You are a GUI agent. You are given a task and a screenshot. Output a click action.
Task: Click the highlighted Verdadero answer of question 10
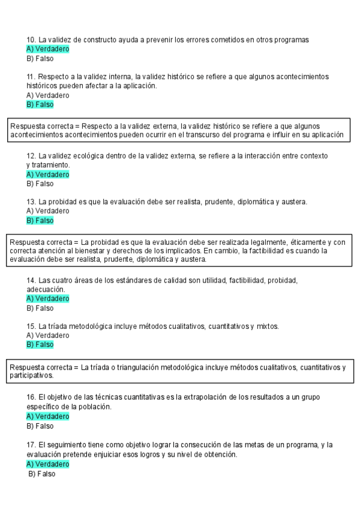[x=48, y=49]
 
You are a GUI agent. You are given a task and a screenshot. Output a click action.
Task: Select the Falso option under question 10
[x=40, y=59]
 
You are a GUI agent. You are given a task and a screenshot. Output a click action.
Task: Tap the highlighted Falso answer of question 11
[x=40, y=104]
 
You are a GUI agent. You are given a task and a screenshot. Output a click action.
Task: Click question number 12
[x=31, y=155]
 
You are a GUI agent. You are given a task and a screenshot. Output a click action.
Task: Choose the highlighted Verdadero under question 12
[x=48, y=175]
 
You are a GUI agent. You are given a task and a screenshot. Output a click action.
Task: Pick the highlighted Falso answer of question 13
[x=40, y=220]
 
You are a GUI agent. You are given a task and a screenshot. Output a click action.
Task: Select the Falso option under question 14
[x=40, y=308]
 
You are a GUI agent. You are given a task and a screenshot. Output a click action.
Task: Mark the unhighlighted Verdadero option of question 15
[x=48, y=336]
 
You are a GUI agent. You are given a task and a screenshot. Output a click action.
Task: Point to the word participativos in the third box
[x=31, y=376]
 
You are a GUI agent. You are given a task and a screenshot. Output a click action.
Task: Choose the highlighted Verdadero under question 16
[x=48, y=417]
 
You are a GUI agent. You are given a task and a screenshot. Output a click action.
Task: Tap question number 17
[x=31, y=445]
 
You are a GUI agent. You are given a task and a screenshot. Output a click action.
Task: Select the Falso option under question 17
[x=42, y=474]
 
